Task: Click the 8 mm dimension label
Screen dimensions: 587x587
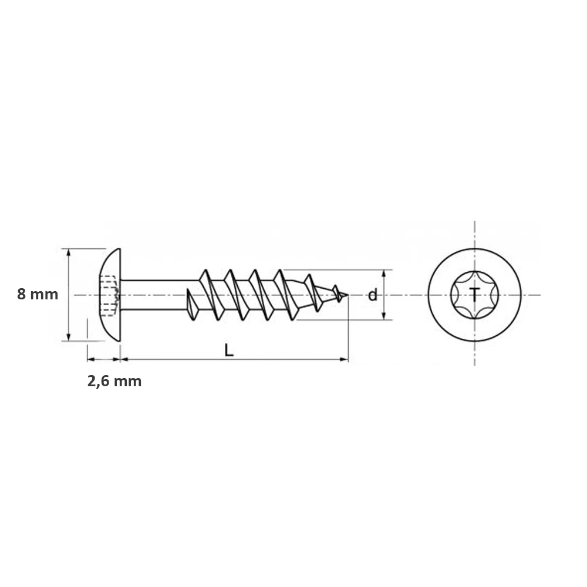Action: point(38,294)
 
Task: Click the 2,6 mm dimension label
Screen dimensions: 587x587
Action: point(114,381)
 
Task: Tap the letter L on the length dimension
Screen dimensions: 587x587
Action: point(229,350)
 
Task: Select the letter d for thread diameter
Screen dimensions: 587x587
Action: point(372,295)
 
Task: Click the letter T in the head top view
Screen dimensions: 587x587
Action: point(474,295)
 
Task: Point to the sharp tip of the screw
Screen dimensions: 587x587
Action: point(348,295)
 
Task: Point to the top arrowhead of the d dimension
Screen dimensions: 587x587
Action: point(384,274)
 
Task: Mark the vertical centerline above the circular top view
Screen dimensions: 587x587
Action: point(474,235)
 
